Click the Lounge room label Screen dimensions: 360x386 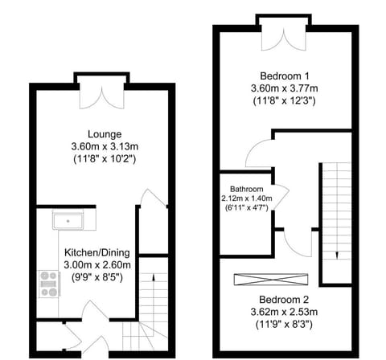[x=105, y=133]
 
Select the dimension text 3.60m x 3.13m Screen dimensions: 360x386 [x=105, y=146]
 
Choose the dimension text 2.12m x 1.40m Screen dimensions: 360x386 [x=248, y=199]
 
